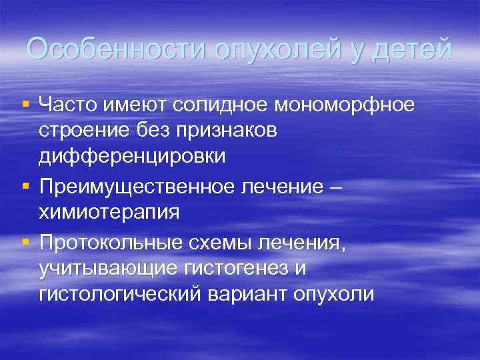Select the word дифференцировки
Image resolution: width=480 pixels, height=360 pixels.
(132, 156)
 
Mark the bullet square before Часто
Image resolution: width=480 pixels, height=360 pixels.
(25, 104)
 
